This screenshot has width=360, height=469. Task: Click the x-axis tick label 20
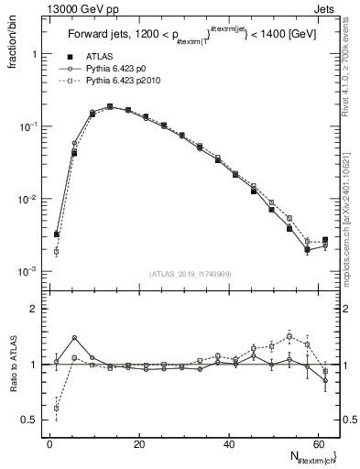(138, 443)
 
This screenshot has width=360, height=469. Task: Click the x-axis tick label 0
(49, 443)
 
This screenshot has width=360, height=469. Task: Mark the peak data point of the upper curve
(110, 106)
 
